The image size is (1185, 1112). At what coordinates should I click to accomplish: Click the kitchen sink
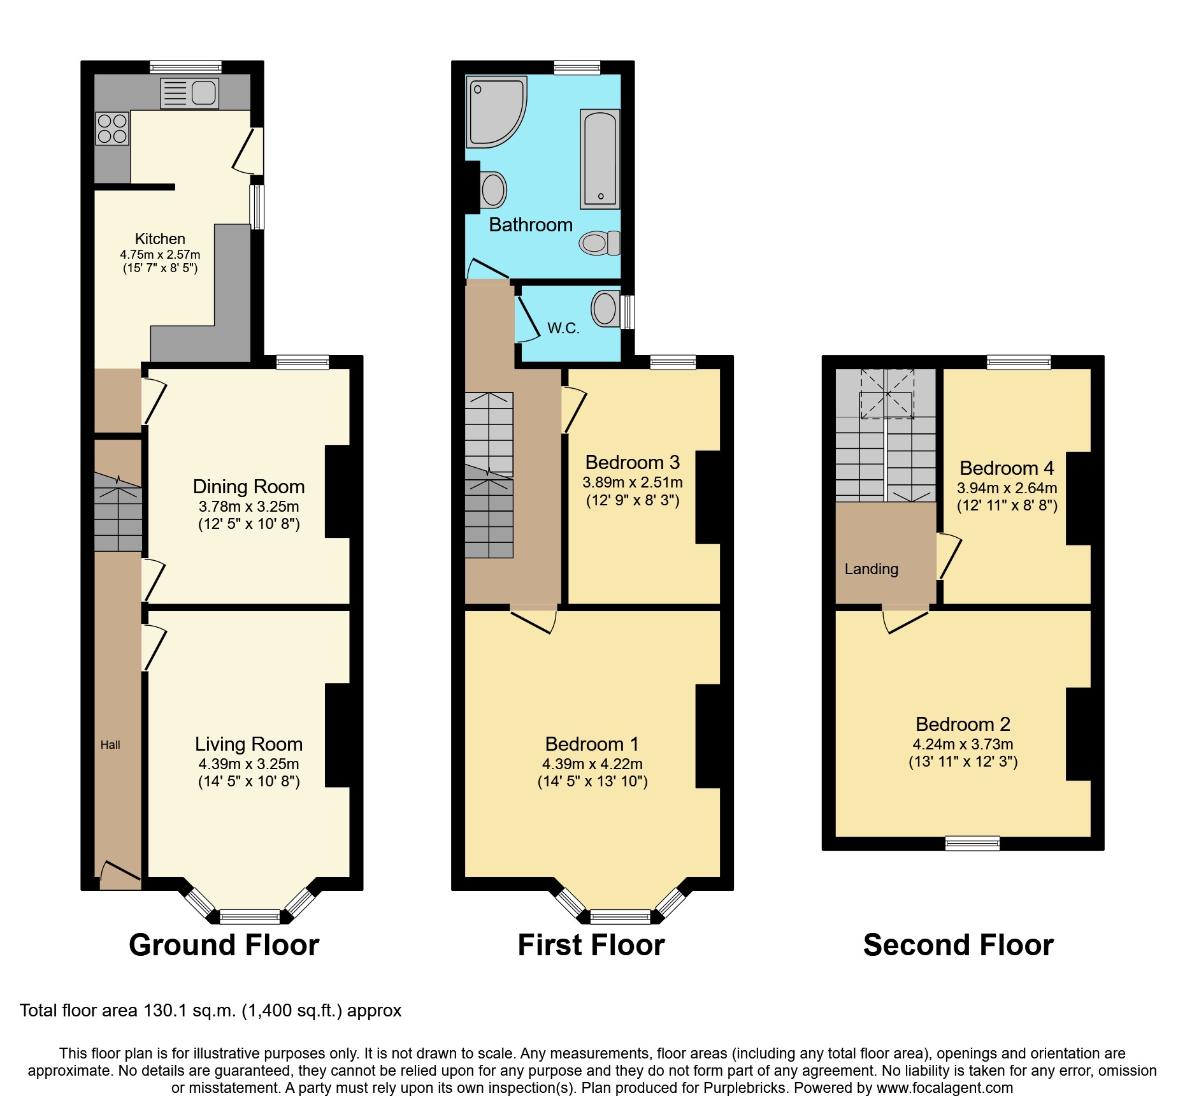click(189, 93)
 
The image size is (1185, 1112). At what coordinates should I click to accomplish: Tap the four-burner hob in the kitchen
click(112, 127)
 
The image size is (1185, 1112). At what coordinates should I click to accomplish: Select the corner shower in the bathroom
click(496, 112)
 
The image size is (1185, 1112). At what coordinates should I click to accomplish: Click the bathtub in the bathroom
click(600, 159)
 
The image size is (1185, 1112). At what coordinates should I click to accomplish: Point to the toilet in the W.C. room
click(605, 309)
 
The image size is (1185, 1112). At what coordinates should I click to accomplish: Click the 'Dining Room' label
click(248, 487)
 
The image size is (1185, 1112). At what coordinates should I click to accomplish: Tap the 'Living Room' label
click(248, 744)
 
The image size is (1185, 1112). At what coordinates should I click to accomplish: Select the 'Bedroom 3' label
click(632, 462)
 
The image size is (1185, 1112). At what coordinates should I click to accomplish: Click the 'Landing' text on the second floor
click(871, 569)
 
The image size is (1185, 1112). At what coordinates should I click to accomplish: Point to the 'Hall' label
click(110, 745)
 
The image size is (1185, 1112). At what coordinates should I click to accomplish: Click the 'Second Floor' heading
click(958, 945)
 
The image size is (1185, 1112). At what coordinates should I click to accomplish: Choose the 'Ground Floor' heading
click(224, 945)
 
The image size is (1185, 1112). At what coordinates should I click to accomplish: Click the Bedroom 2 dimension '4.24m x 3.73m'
click(963, 744)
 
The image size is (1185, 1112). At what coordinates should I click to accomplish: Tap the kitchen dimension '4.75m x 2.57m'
click(160, 254)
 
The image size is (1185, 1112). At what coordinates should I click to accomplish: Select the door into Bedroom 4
click(949, 556)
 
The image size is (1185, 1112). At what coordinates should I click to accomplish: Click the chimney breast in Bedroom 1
click(708, 737)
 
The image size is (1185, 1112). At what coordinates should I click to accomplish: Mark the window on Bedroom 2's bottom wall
click(972, 843)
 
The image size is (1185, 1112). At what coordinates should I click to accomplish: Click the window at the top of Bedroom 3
click(673, 362)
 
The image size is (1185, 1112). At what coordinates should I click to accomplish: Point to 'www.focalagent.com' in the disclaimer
click(944, 1088)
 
